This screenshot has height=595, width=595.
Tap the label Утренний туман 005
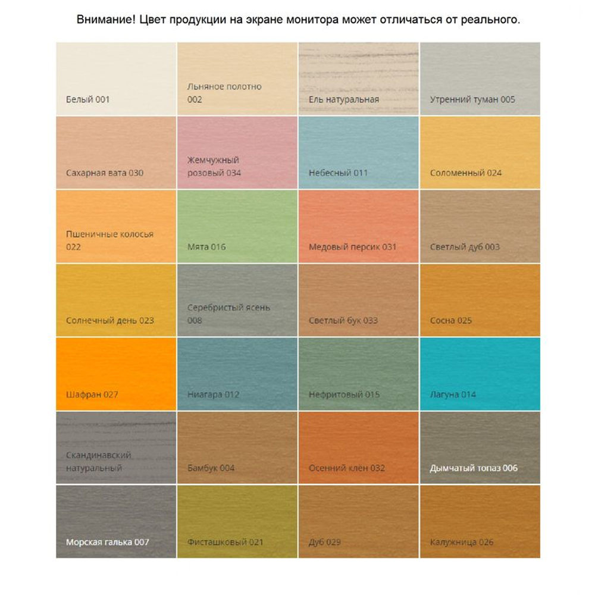[x=472, y=99]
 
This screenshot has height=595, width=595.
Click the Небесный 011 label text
[x=338, y=173]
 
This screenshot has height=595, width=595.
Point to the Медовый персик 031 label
[x=352, y=247]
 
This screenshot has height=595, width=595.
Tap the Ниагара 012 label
[x=213, y=394]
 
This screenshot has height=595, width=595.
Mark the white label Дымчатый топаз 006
[x=474, y=468]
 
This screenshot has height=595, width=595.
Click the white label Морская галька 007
[x=107, y=542]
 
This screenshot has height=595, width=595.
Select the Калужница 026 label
[x=462, y=542]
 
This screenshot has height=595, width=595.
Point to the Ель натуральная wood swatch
[x=358, y=71]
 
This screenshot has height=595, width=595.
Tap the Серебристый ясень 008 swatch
[x=237, y=292]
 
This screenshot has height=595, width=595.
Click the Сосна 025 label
[x=450, y=321]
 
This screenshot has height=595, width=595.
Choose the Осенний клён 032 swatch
[x=358, y=440]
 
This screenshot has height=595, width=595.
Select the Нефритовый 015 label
[x=344, y=394]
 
